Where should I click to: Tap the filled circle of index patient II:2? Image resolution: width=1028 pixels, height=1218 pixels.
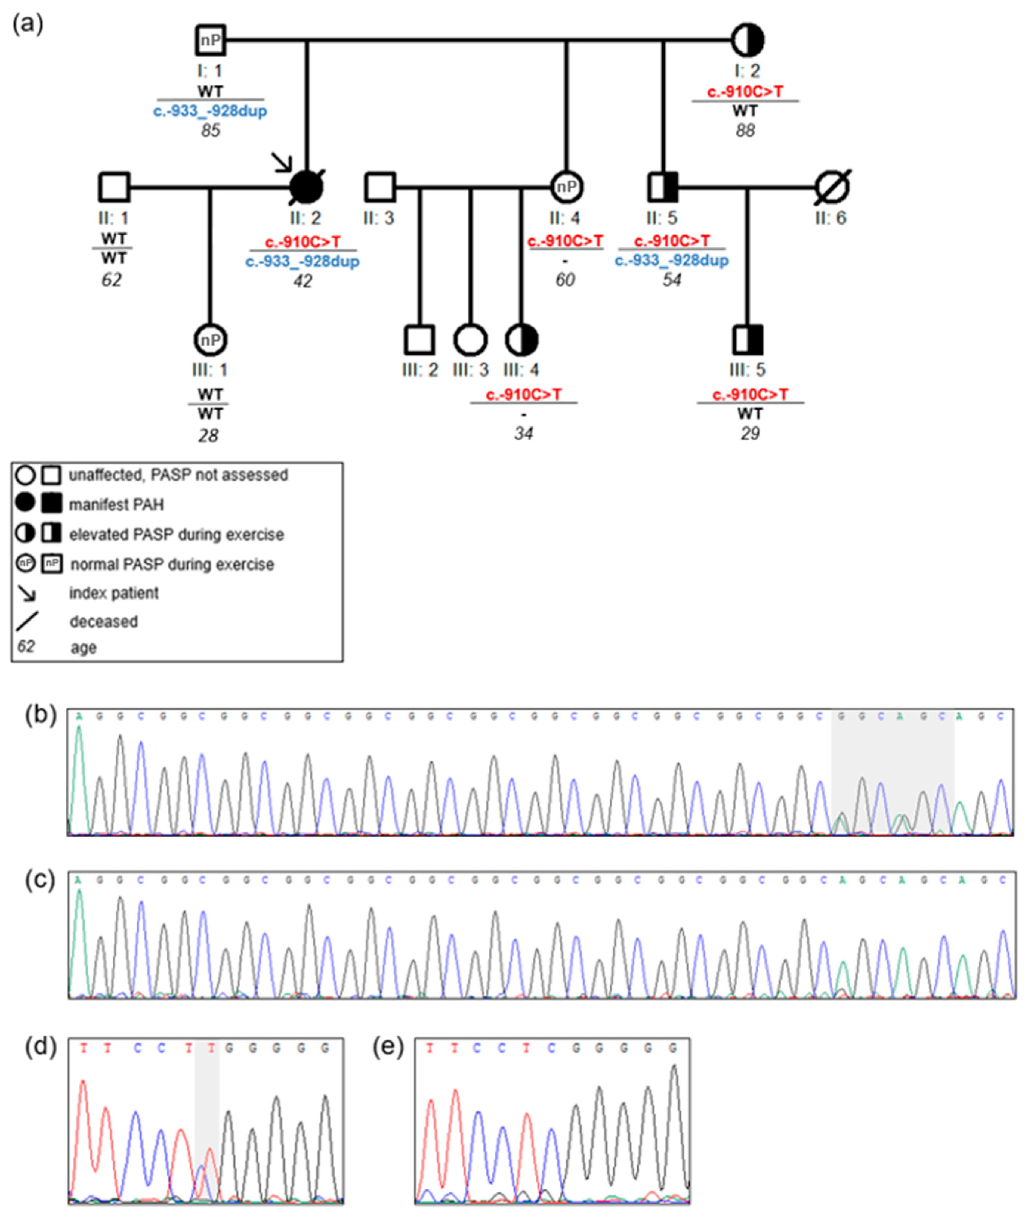(x=307, y=187)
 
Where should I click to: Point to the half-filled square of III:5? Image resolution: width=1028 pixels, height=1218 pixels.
(x=748, y=340)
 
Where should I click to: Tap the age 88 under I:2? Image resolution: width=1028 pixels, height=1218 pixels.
(x=746, y=130)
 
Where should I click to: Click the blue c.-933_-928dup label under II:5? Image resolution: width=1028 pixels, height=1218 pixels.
(x=671, y=261)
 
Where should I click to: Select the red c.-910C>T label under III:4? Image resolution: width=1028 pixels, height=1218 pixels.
(x=523, y=395)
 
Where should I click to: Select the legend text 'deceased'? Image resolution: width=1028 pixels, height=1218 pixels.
(x=104, y=621)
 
